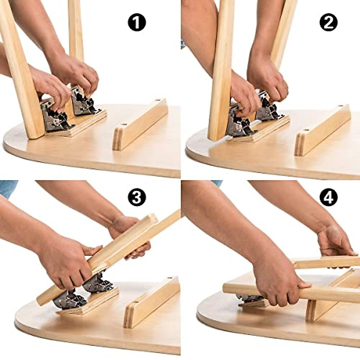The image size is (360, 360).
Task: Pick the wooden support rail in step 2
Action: click(322, 130)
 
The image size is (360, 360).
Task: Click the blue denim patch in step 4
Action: click(217, 183)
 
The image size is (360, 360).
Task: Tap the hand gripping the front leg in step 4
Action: click(277, 288)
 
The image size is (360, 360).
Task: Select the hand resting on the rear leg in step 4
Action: click(334, 240)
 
